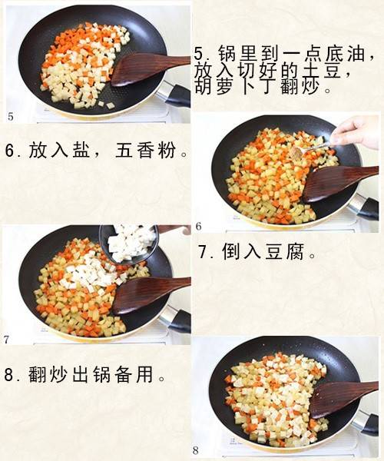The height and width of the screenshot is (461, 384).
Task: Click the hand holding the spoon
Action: click(x=357, y=132)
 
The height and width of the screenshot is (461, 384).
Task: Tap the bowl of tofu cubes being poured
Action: click(x=129, y=243)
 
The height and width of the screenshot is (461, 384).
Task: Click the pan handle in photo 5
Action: click(x=174, y=94)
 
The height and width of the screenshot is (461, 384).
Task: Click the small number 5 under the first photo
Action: click(x=11, y=117)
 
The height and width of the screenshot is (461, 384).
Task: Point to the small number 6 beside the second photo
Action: click(x=199, y=227)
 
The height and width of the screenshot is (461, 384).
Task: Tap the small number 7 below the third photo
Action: click(x=6, y=340)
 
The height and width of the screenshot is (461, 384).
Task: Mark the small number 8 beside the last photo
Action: click(x=196, y=450)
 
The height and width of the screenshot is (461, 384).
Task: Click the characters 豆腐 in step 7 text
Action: click(x=284, y=252)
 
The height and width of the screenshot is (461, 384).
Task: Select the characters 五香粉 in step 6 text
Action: click(x=146, y=151)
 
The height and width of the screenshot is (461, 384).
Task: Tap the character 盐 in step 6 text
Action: click(x=81, y=151)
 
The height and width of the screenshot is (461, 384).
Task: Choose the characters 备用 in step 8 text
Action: click(x=134, y=374)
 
